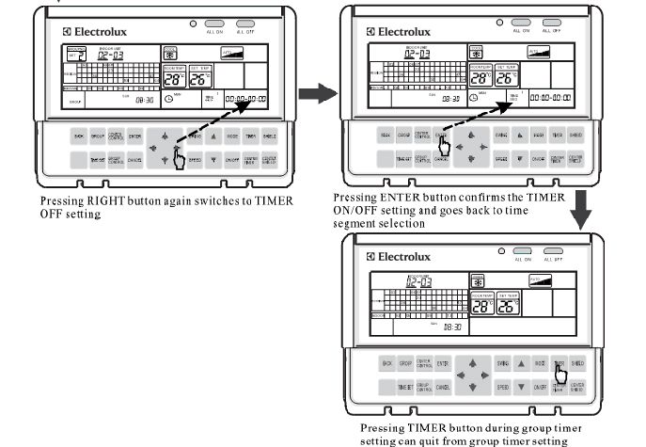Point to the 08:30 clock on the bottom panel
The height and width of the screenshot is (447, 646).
tap(453, 326)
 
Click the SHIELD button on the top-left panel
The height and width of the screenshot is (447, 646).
tap(270, 136)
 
